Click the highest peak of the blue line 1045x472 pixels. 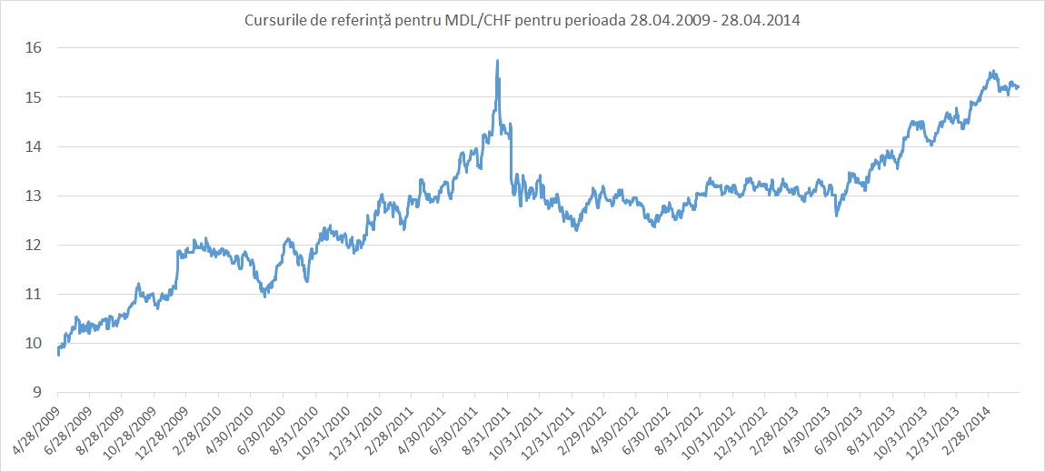497,61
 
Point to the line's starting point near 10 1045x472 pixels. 58,353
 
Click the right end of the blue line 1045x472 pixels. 1019,86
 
